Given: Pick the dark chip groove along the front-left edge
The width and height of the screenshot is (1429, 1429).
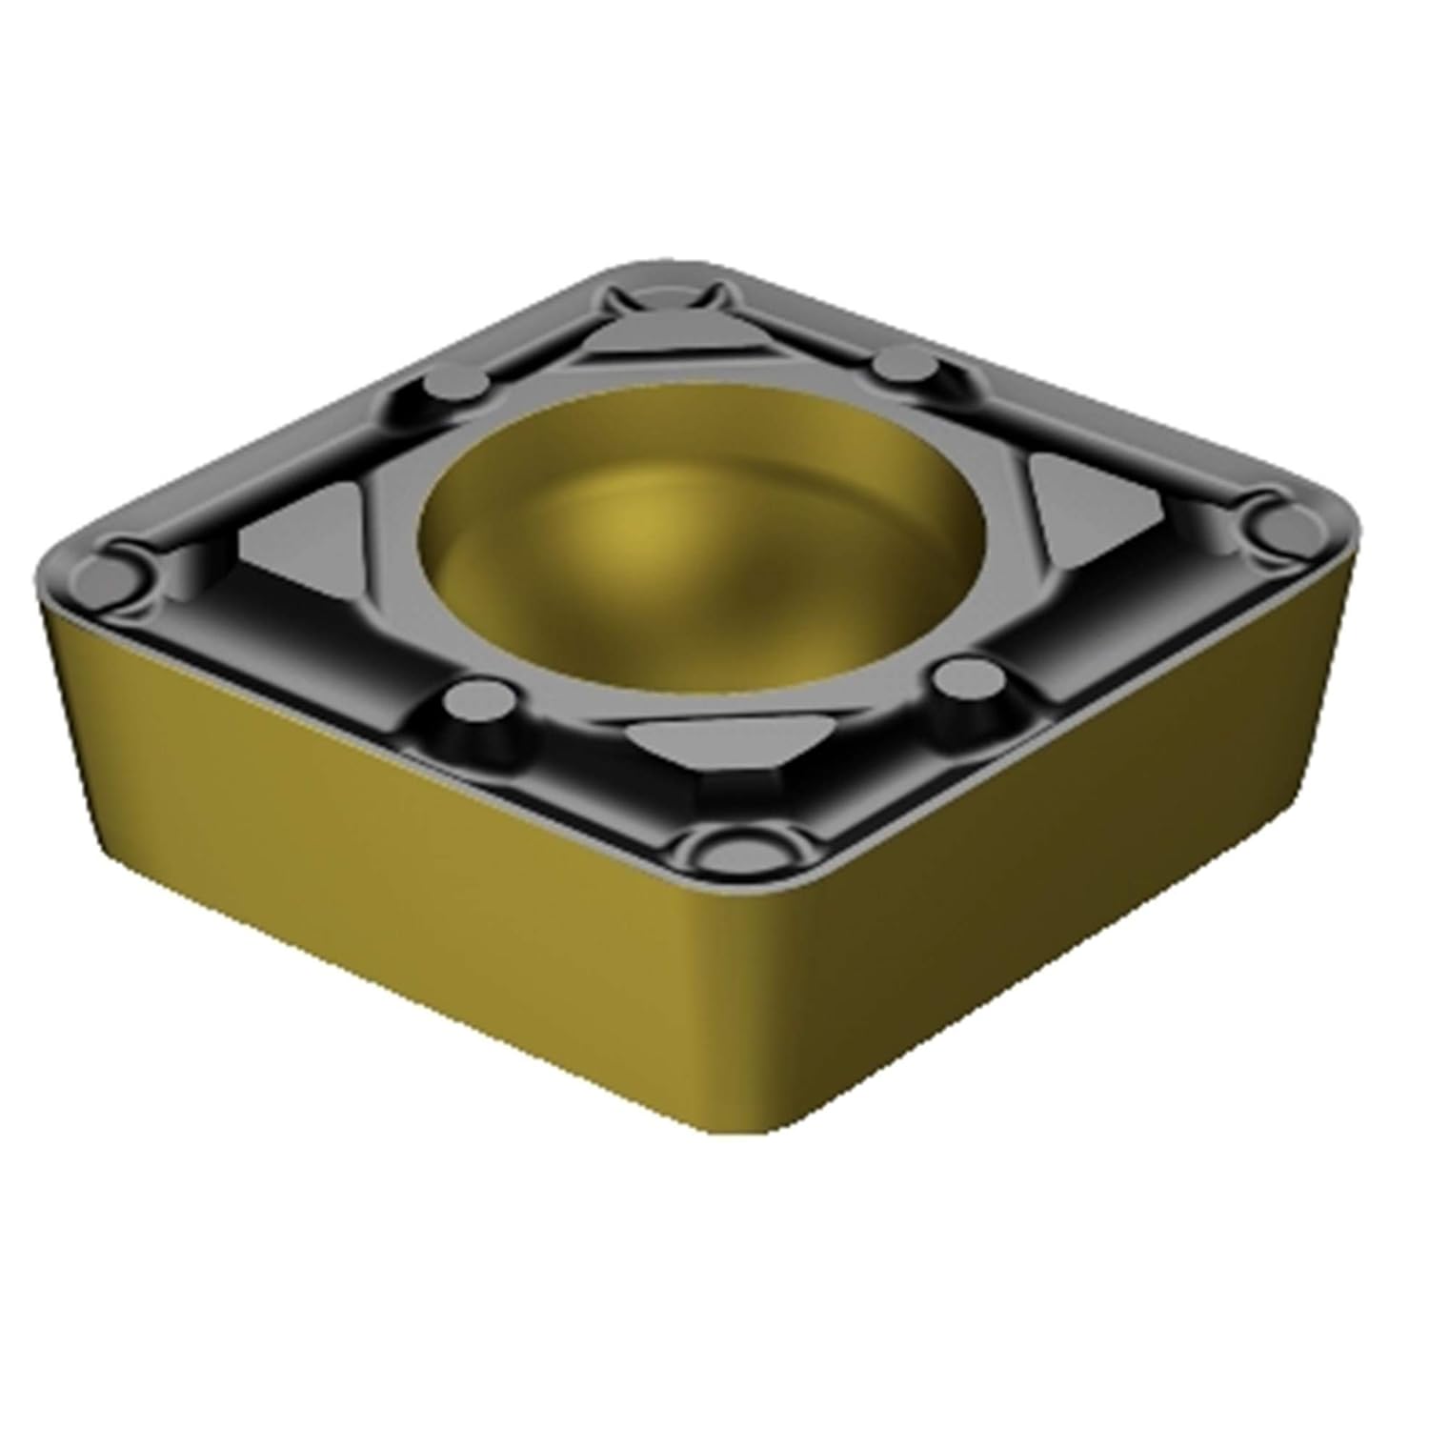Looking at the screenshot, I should [314, 667].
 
